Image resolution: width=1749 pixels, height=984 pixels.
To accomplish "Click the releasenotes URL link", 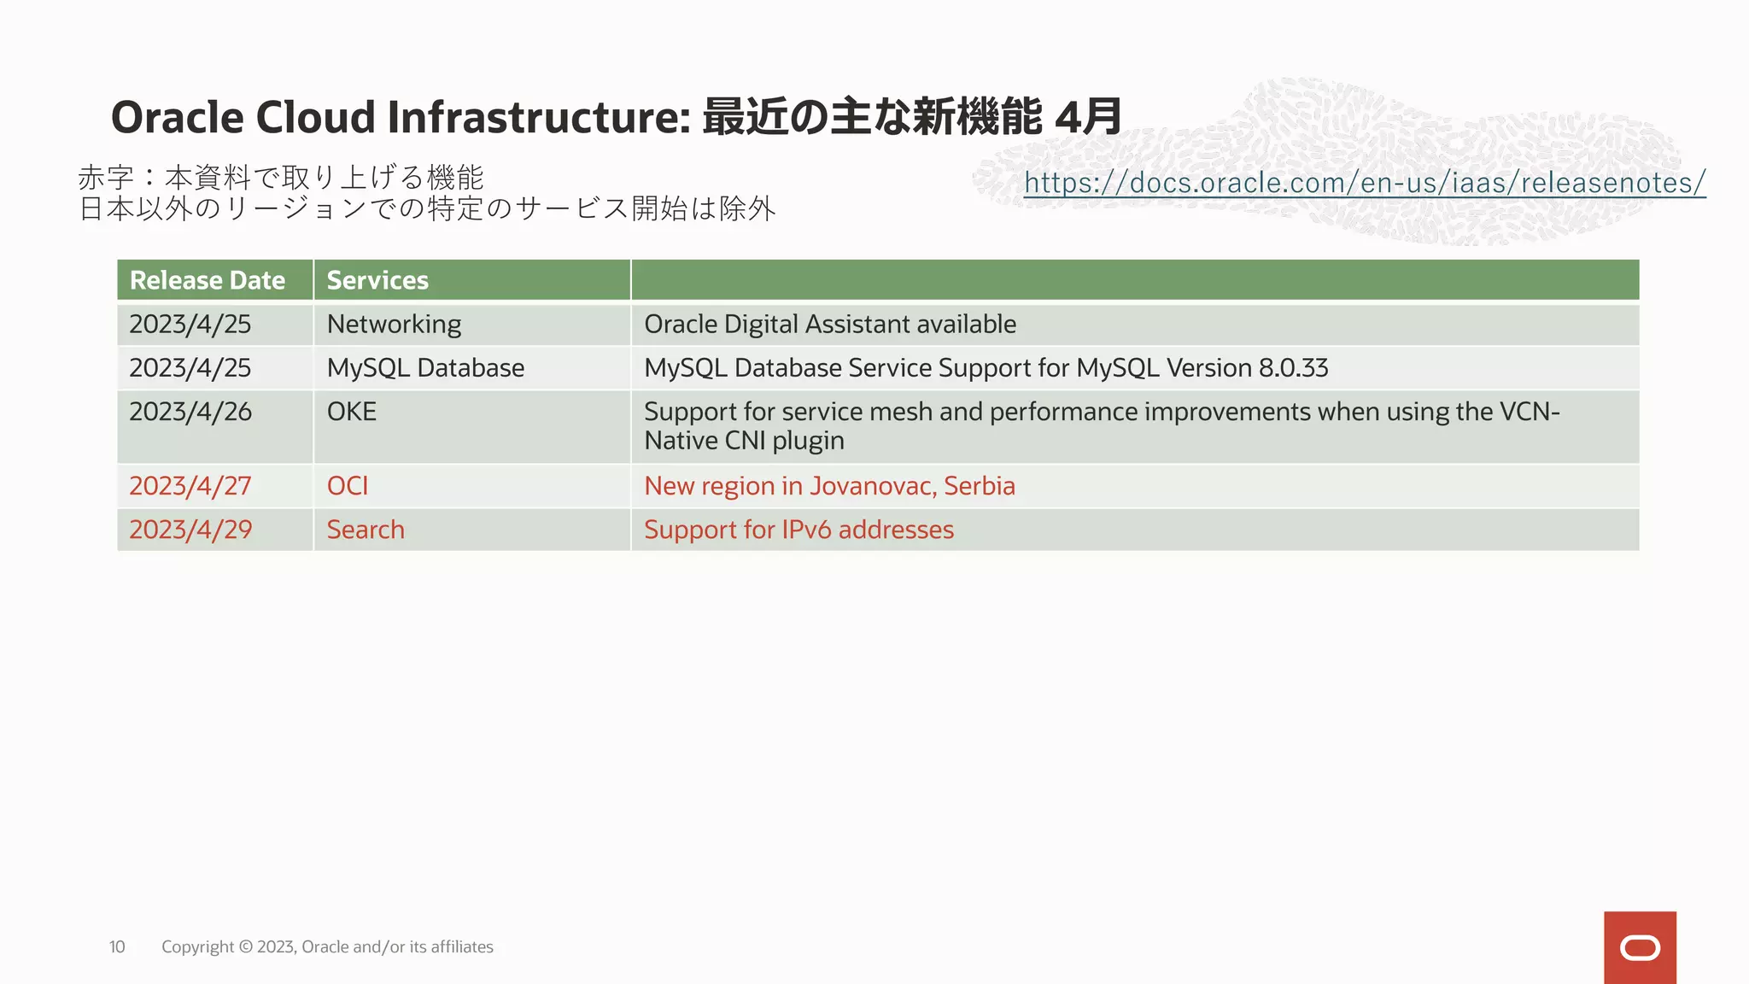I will pyautogui.click(x=1364, y=183).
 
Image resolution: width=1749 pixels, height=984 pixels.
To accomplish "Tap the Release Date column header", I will pyautogui.click(x=208, y=280).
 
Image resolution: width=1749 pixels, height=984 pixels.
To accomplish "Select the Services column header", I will pyautogui.click(x=377, y=280).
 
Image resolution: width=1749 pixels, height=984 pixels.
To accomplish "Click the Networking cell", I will pyautogui.click(x=394, y=325).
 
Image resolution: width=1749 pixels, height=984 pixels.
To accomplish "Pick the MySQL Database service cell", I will pyautogui.click(x=425, y=368).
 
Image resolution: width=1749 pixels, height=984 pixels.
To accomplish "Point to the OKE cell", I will pyautogui.click(x=352, y=412).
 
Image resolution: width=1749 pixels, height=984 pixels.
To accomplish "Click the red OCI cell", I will pyautogui.click(x=348, y=486).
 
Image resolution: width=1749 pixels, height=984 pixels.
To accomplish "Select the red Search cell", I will pyautogui.click(x=366, y=530).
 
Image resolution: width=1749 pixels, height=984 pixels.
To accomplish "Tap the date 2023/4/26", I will pyautogui.click(x=190, y=412).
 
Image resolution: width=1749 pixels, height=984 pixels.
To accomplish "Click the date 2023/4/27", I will pyautogui.click(x=190, y=486).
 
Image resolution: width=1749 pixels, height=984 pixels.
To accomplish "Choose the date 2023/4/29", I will pyautogui.click(x=190, y=530).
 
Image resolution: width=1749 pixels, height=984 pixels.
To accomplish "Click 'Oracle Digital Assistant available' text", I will pyautogui.click(x=829, y=325).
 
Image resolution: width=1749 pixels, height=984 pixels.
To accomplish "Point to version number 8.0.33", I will pyautogui.click(x=1293, y=368).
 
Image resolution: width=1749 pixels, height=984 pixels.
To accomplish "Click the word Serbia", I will pyautogui.click(x=980, y=486).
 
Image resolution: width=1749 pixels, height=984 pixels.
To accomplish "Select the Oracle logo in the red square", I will pyautogui.click(x=1640, y=947).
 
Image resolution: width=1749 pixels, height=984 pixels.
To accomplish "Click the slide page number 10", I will pyautogui.click(x=117, y=946).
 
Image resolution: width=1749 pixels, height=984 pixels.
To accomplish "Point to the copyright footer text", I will pyautogui.click(x=327, y=946).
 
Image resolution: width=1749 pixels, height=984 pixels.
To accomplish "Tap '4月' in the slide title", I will pyautogui.click(x=1088, y=117).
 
